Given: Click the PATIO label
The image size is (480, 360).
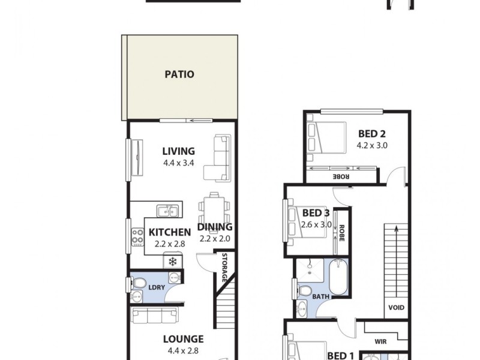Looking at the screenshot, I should click(x=179, y=74).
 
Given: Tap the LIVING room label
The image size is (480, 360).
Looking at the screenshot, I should click(x=178, y=151).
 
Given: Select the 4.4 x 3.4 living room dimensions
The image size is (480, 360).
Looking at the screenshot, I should click(x=178, y=162).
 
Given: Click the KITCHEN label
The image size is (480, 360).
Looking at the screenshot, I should click(x=170, y=232).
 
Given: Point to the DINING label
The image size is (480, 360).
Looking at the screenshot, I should click(x=215, y=227).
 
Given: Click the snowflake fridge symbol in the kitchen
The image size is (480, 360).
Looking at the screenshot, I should click(x=173, y=261).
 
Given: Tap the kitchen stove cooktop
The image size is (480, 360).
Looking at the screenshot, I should click(x=137, y=238).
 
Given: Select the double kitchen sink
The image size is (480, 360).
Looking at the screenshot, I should click(x=167, y=210).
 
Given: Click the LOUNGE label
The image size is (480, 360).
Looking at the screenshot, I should click(x=183, y=339).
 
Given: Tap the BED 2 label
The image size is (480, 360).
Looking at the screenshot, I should click(x=373, y=133).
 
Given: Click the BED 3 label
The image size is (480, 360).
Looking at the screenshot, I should click(x=316, y=213).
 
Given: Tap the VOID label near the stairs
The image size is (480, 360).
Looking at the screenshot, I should click(x=396, y=308).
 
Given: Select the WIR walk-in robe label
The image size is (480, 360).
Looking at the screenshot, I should click(x=380, y=341).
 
